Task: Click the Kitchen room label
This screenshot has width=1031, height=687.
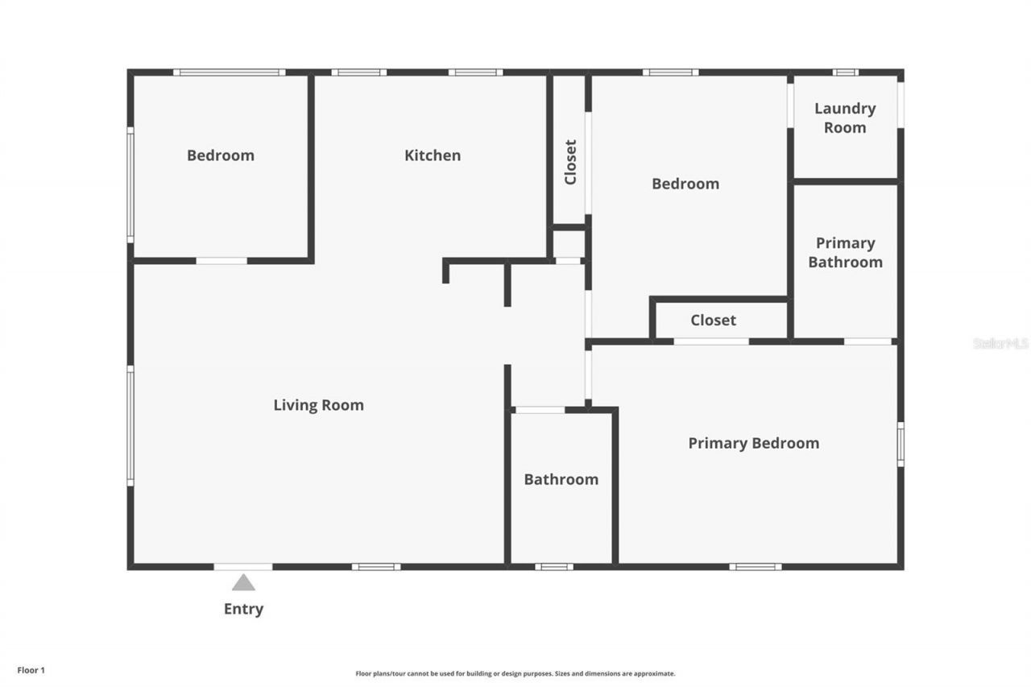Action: point(433,155)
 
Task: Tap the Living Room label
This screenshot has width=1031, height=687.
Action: point(318,405)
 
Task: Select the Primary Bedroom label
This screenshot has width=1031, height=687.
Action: point(753,443)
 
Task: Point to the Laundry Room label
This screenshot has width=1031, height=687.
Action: point(845,118)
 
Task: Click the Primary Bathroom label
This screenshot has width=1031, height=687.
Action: point(845,252)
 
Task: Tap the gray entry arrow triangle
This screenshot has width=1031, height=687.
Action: point(243,582)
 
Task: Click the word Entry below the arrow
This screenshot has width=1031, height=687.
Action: point(243,609)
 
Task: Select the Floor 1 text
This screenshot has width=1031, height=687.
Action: point(31,669)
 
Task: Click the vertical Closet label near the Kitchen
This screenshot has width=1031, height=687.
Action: point(570,162)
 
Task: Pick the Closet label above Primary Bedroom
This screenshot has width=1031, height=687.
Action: point(713,321)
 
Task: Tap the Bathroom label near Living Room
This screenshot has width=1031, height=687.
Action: point(561,479)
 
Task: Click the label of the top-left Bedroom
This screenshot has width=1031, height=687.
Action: point(220,155)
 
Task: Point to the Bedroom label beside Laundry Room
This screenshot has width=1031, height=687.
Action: point(685,184)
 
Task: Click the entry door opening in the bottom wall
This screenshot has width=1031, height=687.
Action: point(243,567)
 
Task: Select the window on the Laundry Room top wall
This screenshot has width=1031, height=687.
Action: point(845,72)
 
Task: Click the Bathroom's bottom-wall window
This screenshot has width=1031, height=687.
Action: point(554,567)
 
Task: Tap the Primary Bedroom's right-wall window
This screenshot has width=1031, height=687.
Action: point(901,444)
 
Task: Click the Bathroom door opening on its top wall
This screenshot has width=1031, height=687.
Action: point(540,410)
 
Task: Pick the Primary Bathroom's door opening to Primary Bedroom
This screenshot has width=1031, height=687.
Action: point(867,341)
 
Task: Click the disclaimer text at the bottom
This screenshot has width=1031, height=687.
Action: point(515,673)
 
